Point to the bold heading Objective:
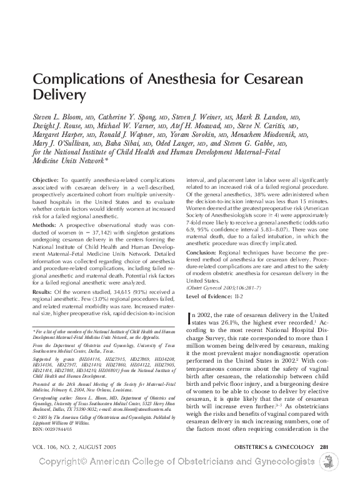(x=45, y=180)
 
